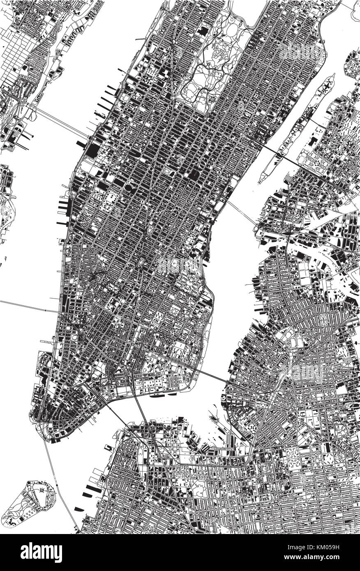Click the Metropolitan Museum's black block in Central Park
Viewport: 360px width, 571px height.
tap(203, 31)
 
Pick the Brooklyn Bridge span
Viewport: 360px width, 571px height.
tap(123, 415)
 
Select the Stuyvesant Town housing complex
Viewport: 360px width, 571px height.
tap(189, 283)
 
